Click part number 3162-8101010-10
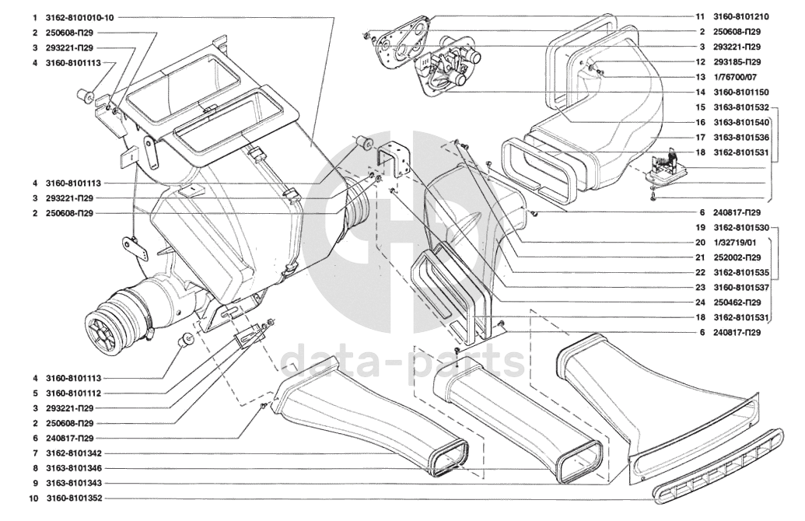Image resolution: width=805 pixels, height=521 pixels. (x=80, y=17)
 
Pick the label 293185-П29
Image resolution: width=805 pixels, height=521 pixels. (x=737, y=61)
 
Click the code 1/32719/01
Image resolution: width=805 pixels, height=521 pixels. (x=734, y=243)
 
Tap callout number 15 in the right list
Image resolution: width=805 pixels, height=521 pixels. (x=700, y=107)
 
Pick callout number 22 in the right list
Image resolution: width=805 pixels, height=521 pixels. (x=700, y=273)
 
